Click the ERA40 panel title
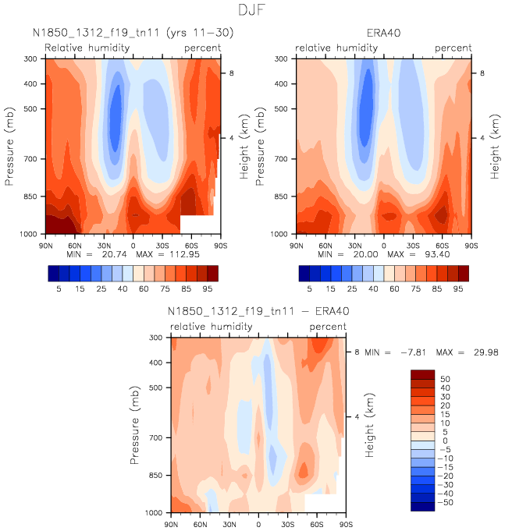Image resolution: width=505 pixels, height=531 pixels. coord(384,34)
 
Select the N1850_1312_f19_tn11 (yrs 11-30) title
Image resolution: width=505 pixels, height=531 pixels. coord(133,34)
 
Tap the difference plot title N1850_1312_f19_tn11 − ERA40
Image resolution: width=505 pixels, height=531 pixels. coord(258,311)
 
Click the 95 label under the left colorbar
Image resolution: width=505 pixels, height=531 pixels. coord(207,288)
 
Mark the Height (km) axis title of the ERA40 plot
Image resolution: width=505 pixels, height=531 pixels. coord(494,146)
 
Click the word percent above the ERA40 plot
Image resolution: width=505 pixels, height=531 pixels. coord(453,48)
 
